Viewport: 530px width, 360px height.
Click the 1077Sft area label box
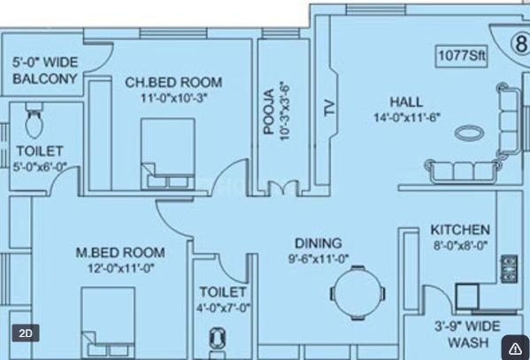tap(461, 56)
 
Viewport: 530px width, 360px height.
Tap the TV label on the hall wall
tap(329, 108)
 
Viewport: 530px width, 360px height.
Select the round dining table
tap(357, 293)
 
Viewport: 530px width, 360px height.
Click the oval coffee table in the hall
tap(469, 133)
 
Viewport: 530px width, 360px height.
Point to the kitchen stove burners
tap(509, 269)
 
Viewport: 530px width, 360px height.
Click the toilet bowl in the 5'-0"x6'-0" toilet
tap(35, 121)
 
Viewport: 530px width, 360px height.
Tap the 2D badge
tap(26, 333)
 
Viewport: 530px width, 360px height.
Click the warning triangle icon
tap(515, 349)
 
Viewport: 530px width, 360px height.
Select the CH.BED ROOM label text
tap(173, 82)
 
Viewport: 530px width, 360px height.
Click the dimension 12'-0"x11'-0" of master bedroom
tap(121, 268)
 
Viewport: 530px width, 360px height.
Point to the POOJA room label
tap(269, 111)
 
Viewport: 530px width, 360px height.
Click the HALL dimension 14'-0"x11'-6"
tap(407, 118)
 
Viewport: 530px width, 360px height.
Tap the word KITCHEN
tap(460, 230)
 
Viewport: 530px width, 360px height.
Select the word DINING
tap(319, 243)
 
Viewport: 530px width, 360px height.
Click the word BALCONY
tap(45, 79)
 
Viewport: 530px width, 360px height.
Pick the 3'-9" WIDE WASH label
tap(468, 334)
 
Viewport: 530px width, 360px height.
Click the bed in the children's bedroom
tap(168, 154)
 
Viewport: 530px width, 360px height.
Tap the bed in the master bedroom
tap(108, 323)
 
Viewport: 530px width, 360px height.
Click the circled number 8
tap(520, 44)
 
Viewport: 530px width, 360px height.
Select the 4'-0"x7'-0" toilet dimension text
tap(224, 308)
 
